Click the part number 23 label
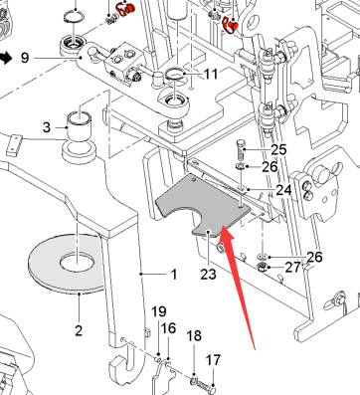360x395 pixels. tap(208, 275)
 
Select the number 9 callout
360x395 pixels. tap(25, 58)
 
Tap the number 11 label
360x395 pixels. tap(211, 75)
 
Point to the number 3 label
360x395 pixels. tap(47, 127)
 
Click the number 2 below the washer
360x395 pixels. tap(79, 330)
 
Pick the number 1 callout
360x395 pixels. tap(174, 275)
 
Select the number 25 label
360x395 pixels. tap(278, 149)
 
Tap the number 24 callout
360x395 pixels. tap(283, 190)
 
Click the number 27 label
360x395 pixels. tap(292, 268)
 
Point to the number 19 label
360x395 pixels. tap(159, 311)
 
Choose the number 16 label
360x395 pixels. tap(168, 328)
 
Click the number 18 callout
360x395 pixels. tap(194, 335)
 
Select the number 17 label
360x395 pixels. tap(213, 360)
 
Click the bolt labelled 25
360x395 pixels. tap(242, 150)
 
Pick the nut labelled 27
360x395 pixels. tap(263, 266)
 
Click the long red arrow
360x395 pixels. tap(237, 286)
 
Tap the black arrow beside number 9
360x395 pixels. tap(6, 58)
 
